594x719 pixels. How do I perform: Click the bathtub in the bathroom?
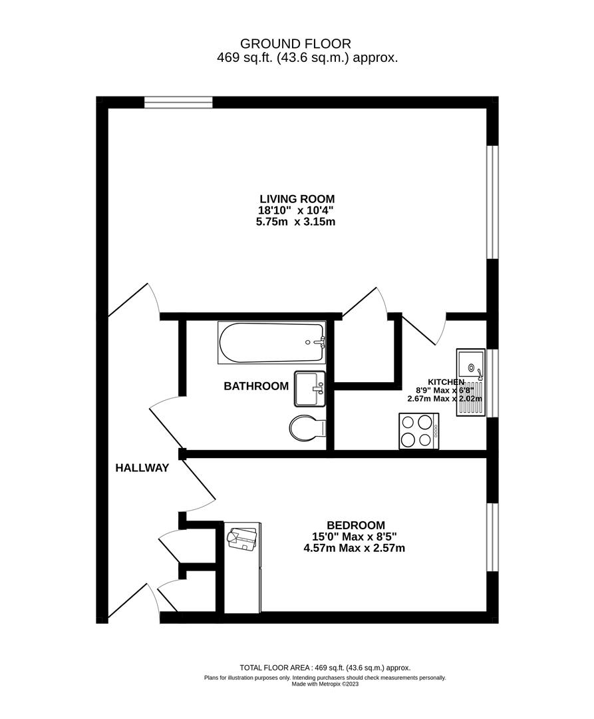[271, 342]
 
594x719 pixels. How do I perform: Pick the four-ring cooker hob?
[418, 431]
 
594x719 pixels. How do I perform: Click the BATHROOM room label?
[256, 386]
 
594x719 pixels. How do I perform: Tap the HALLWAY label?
[142, 468]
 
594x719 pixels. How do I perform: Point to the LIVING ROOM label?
[297, 198]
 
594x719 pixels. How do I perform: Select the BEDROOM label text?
[355, 525]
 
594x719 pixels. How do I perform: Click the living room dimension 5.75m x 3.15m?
[297, 222]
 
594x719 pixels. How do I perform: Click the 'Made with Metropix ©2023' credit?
[325, 684]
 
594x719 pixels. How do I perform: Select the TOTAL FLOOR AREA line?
[325, 668]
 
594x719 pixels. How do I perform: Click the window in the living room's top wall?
[178, 102]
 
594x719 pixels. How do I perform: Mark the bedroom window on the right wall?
[492, 537]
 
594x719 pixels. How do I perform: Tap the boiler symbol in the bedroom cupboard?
[243, 538]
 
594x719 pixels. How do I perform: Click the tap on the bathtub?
[321, 342]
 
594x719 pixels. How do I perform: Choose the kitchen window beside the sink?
[492, 383]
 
